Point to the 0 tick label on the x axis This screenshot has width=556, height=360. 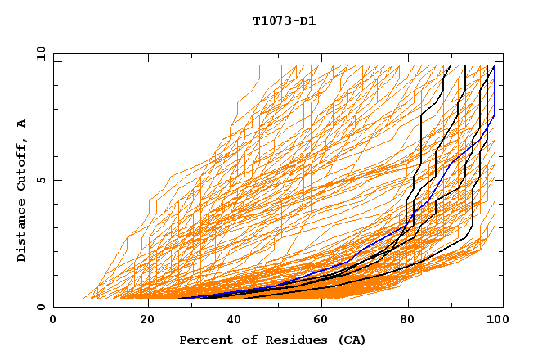tap(53, 321)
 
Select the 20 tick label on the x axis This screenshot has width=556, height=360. tap(147, 321)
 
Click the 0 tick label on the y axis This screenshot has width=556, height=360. tap(39, 308)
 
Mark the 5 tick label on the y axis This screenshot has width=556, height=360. tap(39, 180)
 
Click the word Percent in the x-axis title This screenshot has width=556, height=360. tap(204, 340)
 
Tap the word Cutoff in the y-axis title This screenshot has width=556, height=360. tap(21, 162)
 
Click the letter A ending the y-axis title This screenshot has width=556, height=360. tap(21, 124)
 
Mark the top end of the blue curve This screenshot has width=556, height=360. tap(494, 66)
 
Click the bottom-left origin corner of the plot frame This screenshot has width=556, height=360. tap(53, 308)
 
